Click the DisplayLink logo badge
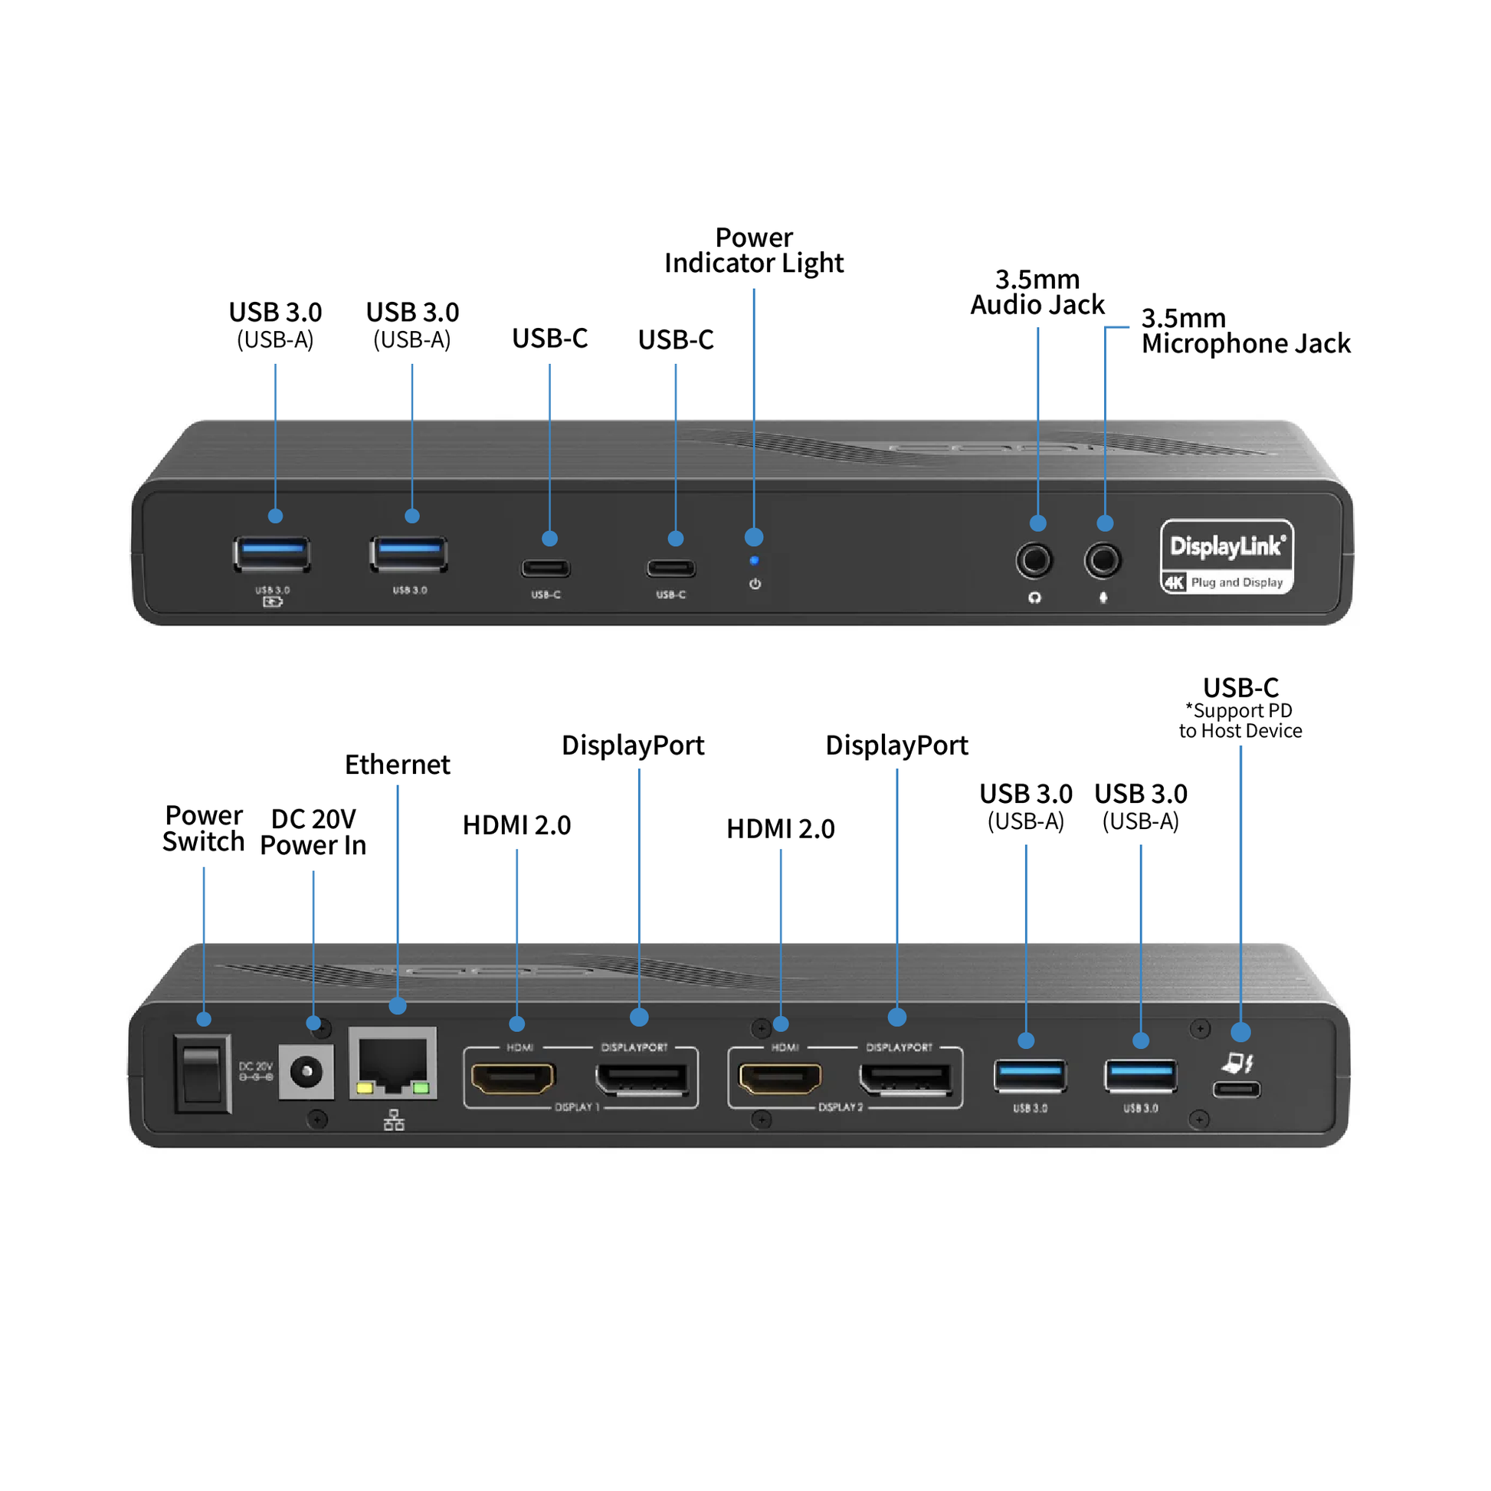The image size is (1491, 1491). [1227, 555]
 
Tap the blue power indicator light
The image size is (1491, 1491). [754, 560]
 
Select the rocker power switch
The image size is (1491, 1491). [202, 1073]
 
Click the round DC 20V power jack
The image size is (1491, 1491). [306, 1071]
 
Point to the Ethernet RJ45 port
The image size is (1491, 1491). [393, 1063]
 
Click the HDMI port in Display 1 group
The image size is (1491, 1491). [513, 1078]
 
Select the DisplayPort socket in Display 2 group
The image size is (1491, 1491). [907, 1079]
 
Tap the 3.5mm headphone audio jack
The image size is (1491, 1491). [1034, 560]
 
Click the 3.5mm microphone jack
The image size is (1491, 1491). [1103, 560]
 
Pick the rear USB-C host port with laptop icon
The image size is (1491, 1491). [1237, 1089]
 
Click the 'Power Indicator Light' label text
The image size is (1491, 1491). [754, 250]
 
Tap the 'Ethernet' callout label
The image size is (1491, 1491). [398, 765]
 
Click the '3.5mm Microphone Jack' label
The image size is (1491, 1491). [1245, 331]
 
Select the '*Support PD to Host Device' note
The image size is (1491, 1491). [1240, 721]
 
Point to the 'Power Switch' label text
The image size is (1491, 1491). [204, 828]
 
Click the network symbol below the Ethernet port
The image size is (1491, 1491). [394, 1120]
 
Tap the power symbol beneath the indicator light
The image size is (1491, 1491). [755, 584]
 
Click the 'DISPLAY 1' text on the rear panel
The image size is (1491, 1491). [576, 1106]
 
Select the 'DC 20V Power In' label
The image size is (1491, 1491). [313, 832]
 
